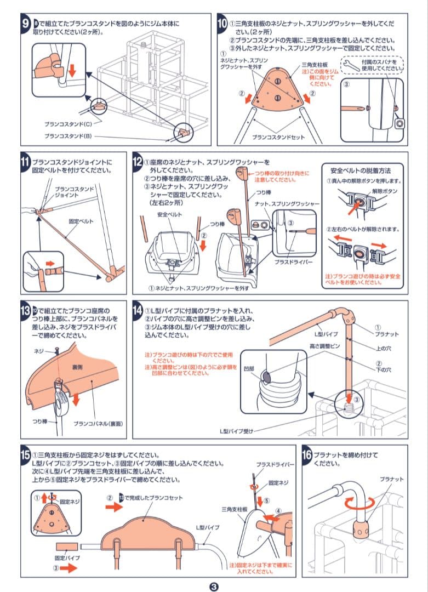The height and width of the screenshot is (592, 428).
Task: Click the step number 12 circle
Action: pos(138,163)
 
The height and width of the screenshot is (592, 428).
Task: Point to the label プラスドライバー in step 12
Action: pos(294,262)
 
